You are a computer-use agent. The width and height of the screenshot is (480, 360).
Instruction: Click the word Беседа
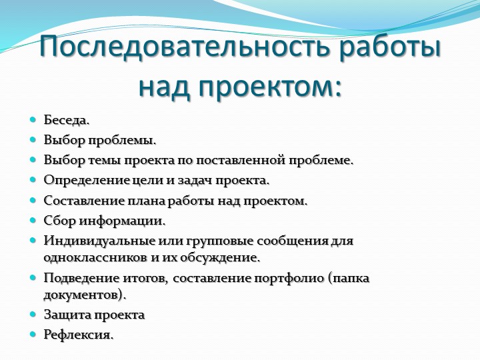[67, 120]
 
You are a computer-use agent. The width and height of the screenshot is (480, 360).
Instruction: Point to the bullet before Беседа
[33, 120]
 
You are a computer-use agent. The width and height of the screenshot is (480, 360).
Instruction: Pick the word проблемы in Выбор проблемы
[123, 141]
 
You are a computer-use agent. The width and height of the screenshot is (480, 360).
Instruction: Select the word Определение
[87, 180]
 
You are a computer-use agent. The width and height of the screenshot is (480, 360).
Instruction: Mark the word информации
[123, 221]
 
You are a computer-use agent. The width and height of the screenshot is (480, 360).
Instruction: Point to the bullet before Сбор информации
[33, 220]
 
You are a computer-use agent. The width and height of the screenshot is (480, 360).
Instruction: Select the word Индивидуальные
[99, 241]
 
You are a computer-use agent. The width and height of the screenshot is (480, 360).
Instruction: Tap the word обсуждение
[220, 258]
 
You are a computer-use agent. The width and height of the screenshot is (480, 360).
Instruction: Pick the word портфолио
[289, 278]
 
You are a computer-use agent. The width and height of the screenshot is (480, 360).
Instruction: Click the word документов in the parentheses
[81, 295]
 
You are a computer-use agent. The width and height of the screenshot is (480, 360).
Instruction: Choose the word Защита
[67, 315]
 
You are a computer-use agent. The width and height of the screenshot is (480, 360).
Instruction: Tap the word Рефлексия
[79, 334]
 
